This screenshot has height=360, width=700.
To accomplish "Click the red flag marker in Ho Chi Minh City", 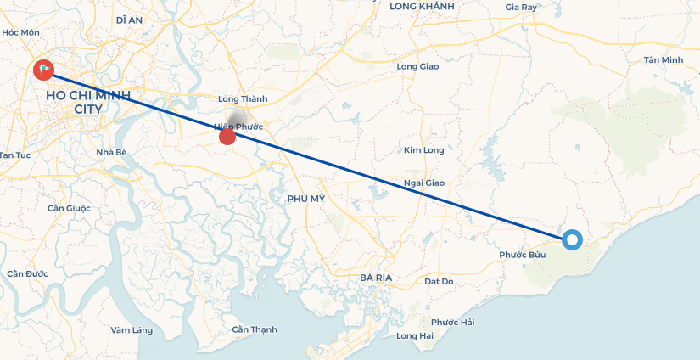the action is pyautogui.click(x=43, y=70).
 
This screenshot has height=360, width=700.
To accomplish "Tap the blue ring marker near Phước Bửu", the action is pyautogui.click(x=572, y=240).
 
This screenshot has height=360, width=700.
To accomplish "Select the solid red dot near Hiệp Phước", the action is pyautogui.click(x=227, y=137).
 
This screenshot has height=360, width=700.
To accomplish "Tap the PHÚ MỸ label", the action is pyautogui.click(x=306, y=198).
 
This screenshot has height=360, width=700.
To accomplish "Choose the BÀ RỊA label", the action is pyautogui.click(x=375, y=278).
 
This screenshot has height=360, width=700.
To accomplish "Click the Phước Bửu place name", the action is pyautogui.click(x=522, y=255).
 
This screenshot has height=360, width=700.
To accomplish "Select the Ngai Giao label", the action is pyautogui.click(x=424, y=183).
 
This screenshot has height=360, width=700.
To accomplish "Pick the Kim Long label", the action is pyautogui.click(x=423, y=150).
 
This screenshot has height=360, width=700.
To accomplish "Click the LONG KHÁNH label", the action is pyautogui.click(x=422, y=7).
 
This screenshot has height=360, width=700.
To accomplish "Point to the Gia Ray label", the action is pyautogui.click(x=521, y=7).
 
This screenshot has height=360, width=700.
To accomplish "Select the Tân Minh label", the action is pyautogui.click(x=663, y=59).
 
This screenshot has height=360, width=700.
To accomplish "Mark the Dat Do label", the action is pyautogui.click(x=439, y=281).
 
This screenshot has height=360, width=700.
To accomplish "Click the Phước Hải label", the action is pyautogui.click(x=452, y=322).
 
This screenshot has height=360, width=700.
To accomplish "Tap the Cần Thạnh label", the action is pyautogui.click(x=255, y=329).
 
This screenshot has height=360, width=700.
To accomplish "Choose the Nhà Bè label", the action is pyautogui.click(x=111, y=152).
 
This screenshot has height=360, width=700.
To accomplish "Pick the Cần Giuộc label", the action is pyautogui.click(x=69, y=208).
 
